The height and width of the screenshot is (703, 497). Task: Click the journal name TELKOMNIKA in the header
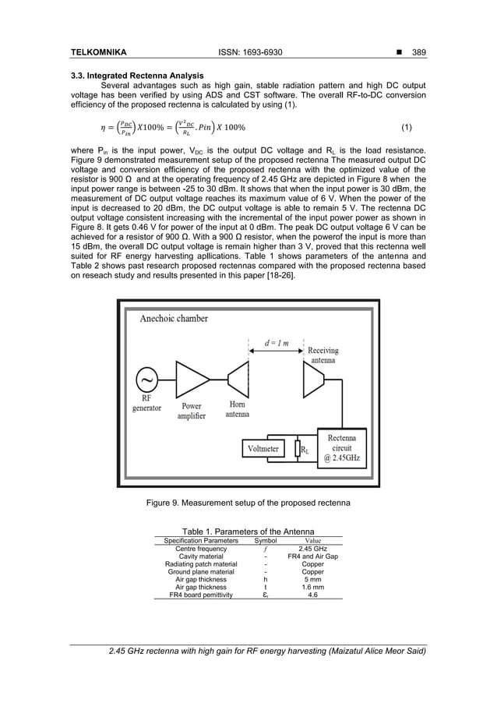[99, 52]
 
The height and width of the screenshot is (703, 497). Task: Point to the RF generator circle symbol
[146, 380]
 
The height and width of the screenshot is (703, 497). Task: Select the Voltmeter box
[263, 449]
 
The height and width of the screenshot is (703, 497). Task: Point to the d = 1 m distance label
[275, 344]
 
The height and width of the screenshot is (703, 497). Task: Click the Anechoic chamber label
[174, 318]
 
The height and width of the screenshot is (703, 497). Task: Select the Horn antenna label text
[238, 409]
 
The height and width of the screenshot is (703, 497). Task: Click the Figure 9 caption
[248, 503]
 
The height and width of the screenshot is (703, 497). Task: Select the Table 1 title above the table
[248, 531]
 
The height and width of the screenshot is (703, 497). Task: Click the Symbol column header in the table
[266, 540]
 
